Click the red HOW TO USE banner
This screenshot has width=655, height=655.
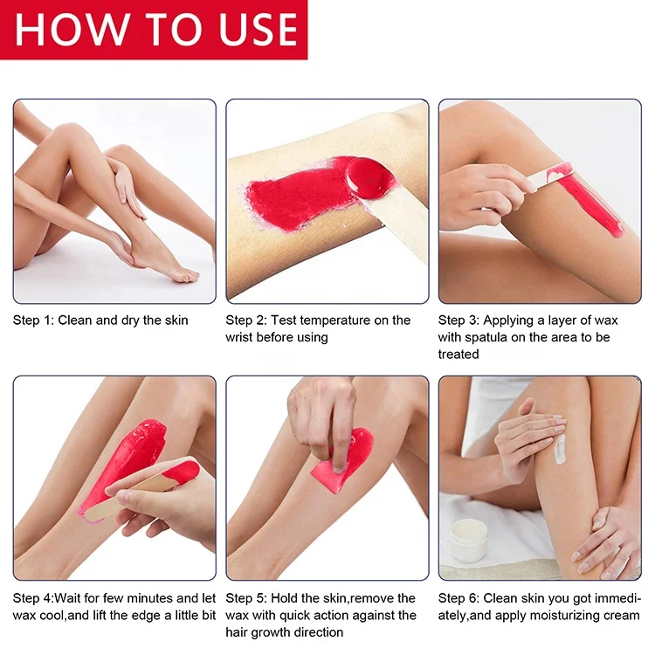[x=154, y=30]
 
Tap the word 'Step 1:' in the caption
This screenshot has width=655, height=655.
[x=33, y=321]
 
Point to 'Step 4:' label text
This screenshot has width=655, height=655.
[x=35, y=598]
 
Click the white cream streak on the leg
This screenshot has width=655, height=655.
[x=560, y=447]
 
